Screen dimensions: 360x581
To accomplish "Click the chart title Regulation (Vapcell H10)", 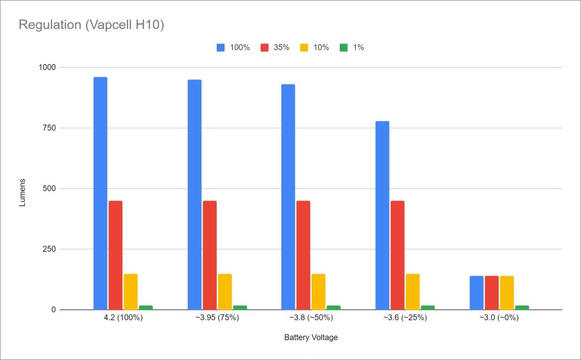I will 91,26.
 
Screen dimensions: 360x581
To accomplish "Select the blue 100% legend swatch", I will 221,48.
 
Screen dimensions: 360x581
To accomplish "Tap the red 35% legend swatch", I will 264,48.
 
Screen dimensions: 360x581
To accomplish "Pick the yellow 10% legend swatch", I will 304,48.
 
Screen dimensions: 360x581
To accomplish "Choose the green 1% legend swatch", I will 342,48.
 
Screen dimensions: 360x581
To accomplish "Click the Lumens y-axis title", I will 23,189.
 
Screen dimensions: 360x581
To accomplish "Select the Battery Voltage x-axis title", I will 311,338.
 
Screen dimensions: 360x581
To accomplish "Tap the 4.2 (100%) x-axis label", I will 123,318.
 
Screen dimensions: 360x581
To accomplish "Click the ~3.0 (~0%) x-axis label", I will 499,318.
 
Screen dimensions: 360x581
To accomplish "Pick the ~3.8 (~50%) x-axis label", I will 311,318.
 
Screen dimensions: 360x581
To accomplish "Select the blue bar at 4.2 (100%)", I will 100,193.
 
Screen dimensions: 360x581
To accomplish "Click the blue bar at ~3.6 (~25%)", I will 382,216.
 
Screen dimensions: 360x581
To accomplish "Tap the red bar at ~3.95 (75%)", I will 209,256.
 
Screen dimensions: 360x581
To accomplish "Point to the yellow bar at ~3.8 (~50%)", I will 318,292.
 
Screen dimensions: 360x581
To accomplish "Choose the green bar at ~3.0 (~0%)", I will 521,308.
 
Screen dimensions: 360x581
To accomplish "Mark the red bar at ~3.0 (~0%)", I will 491,293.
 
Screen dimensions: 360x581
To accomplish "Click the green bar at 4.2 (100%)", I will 146,308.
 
